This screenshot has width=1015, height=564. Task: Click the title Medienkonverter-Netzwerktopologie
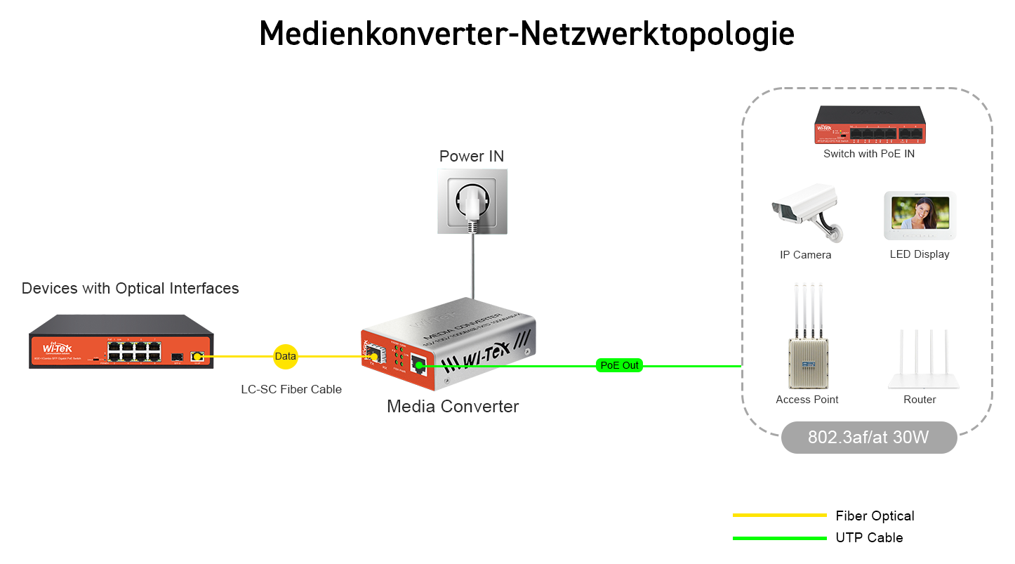(526, 34)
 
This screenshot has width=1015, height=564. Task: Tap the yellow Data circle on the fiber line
(285, 356)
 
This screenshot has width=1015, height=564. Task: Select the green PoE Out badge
(619, 365)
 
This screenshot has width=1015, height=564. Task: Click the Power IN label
(471, 156)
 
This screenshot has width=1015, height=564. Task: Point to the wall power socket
(472, 201)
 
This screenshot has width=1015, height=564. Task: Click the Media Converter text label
(453, 406)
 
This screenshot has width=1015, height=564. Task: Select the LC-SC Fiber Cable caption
(291, 389)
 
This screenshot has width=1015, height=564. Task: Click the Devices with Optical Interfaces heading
(130, 288)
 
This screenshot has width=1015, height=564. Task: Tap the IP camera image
(805, 211)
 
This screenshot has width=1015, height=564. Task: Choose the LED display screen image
(920, 215)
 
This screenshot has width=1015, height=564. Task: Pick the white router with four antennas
(922, 362)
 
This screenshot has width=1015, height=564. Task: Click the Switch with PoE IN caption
(869, 154)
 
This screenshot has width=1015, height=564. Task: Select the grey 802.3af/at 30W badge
(868, 438)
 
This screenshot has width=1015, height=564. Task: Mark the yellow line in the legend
(779, 516)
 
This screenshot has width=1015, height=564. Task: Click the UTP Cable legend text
(869, 538)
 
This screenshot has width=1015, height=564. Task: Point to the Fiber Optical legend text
(875, 516)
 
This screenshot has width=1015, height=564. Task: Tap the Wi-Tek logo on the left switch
(57, 348)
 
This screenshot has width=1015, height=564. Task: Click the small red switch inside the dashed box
(869, 125)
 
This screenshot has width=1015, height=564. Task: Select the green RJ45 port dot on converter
(418, 365)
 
